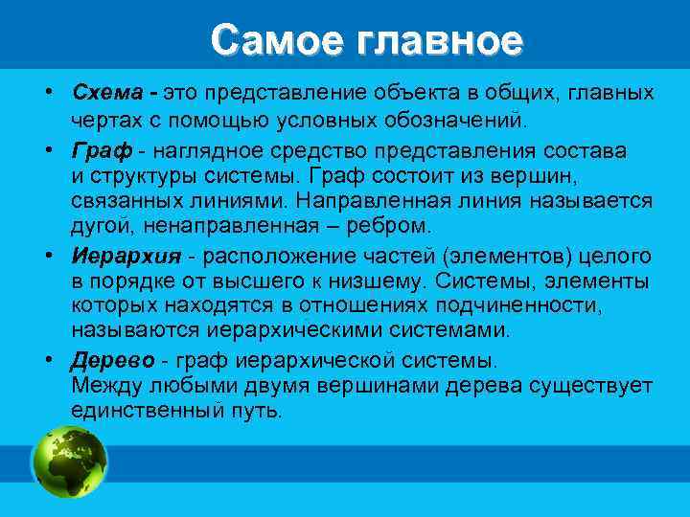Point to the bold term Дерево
click(108, 362)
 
